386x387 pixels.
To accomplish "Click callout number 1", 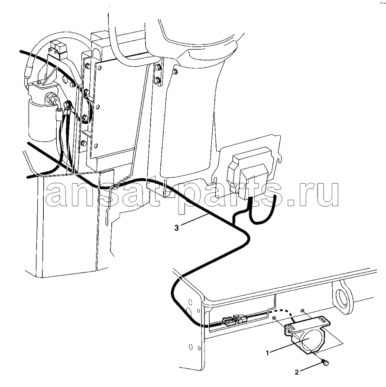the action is [x=267, y=353].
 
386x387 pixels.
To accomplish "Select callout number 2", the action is [x=297, y=372].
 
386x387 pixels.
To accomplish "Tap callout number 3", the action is [x=176, y=228].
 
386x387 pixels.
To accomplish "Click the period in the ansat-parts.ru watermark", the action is [x=292, y=203].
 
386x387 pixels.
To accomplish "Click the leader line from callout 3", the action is [x=195, y=219].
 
